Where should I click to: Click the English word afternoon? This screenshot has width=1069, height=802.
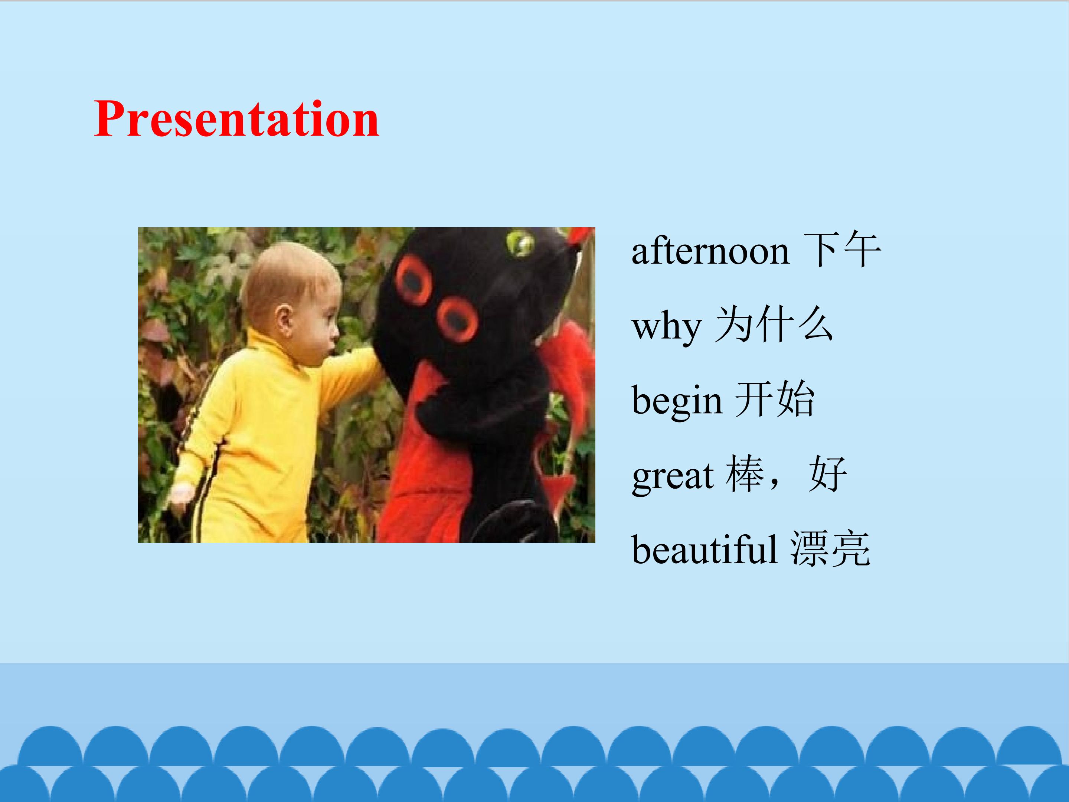click(x=710, y=251)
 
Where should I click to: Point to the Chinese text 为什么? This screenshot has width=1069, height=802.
click(x=774, y=325)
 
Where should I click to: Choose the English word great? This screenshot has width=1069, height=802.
click(x=672, y=476)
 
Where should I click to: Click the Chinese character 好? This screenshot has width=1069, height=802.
click(x=828, y=474)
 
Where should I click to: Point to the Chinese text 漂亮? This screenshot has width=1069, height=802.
click(x=831, y=549)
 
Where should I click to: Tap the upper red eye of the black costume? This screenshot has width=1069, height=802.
click(x=413, y=280)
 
